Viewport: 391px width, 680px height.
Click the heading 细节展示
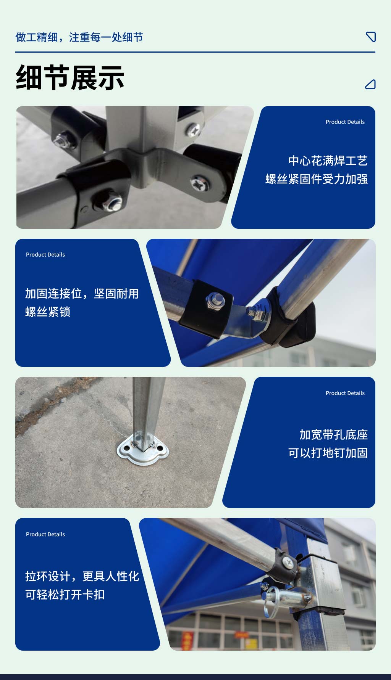click(x=70, y=78)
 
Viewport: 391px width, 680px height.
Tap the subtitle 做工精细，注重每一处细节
click(x=79, y=37)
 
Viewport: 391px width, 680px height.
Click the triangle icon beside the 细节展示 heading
click(x=370, y=84)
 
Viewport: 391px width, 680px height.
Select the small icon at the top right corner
click(x=371, y=37)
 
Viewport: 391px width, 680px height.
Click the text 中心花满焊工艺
click(x=328, y=161)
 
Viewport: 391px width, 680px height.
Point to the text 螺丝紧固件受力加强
click(x=316, y=179)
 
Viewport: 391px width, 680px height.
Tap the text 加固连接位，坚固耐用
click(x=82, y=293)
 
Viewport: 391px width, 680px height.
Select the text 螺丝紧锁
click(x=48, y=312)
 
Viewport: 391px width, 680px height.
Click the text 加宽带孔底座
click(x=333, y=434)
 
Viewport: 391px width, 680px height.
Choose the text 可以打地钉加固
click(x=328, y=453)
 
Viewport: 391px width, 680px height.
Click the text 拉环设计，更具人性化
click(x=82, y=576)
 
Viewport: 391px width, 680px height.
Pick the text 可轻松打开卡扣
click(x=65, y=594)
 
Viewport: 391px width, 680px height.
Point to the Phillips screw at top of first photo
click(x=194, y=130)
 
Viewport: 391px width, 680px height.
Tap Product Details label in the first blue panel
click(x=345, y=122)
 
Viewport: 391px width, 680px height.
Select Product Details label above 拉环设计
click(x=45, y=534)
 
